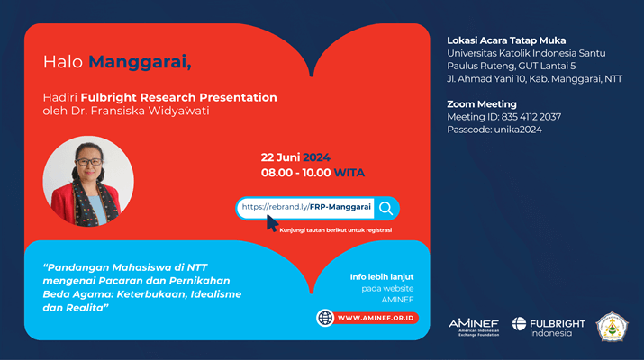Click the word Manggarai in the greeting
[140, 63]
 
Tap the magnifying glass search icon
[385, 209]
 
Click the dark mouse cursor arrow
[272, 223]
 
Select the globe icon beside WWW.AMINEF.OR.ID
[325, 318]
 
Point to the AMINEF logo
[474, 328]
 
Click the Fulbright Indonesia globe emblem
[519, 323]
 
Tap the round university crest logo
[612, 327]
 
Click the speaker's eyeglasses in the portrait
[88, 162]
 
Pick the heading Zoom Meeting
[482, 104]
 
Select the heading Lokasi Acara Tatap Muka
[506, 40]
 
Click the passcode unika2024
[518, 130]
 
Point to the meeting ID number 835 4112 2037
[531, 117]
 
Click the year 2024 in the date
[316, 157]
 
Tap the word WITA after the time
[349, 173]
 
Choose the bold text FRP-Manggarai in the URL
[340, 207]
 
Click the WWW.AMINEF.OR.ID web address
[376, 318]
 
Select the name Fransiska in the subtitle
[118, 111]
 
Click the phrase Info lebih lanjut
[382, 277]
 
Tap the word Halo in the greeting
[63, 62]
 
